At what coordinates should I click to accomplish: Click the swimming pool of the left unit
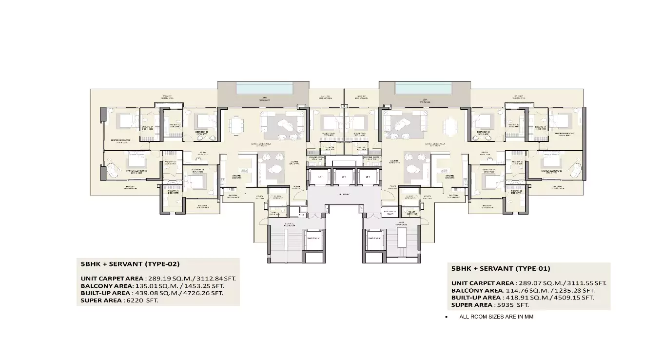265,88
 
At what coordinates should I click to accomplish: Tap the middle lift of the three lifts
344,177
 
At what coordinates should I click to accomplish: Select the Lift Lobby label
344,194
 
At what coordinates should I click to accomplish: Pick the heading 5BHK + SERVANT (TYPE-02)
130,264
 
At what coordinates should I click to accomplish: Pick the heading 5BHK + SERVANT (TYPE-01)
501,268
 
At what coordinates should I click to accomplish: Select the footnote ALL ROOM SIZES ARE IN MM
499,317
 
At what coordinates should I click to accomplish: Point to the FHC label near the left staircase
302,215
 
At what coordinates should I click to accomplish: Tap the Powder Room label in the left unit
317,158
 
